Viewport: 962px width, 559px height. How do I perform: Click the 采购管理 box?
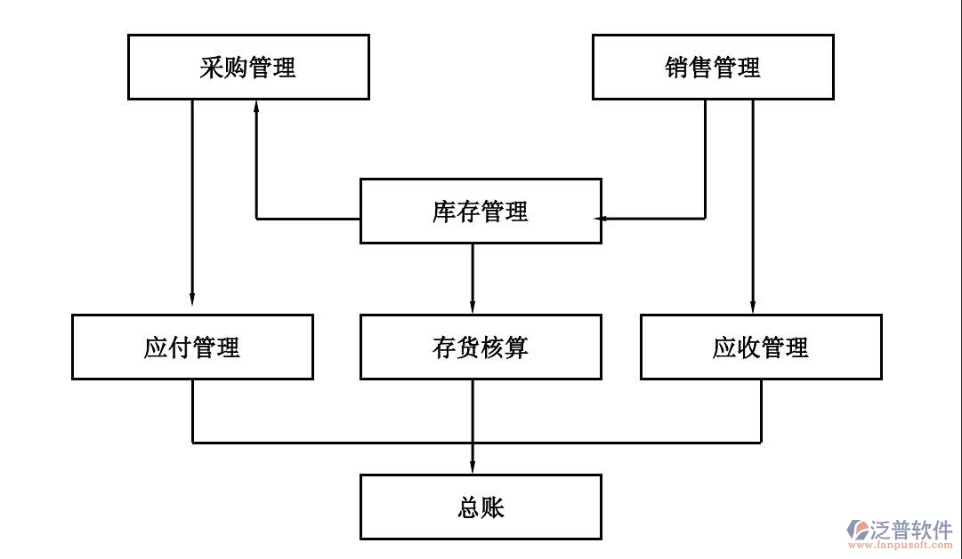[x=248, y=67]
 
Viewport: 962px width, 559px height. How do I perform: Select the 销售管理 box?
[x=713, y=67]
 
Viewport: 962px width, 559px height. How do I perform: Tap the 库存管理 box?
[x=480, y=211]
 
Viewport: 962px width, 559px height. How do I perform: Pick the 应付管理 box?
[x=192, y=347]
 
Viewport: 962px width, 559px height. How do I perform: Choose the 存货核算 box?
[x=480, y=347]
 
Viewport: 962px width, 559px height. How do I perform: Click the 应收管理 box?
[x=761, y=347]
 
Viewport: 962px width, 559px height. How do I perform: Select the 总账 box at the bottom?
[x=480, y=507]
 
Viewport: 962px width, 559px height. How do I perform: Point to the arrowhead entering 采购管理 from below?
[x=256, y=106]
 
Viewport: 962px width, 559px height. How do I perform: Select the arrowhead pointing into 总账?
[x=473, y=467]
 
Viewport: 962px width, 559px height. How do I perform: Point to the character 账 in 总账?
[x=492, y=507]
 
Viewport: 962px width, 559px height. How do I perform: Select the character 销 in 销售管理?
[x=677, y=68]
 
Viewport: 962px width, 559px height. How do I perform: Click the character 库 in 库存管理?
[x=444, y=212]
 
